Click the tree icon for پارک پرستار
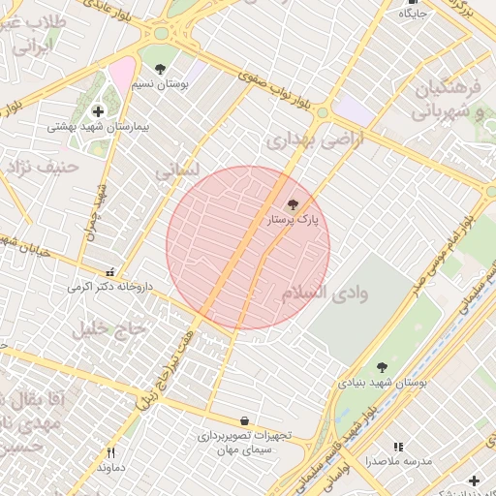tap(294, 203)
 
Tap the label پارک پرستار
tap(294, 221)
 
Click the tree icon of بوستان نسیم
tap(160, 69)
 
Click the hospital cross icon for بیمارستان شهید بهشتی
tap(98, 111)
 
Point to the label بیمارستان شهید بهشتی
tap(98, 128)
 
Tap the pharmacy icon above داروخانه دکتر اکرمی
tap(108, 273)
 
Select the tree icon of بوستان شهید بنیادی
tap(383, 367)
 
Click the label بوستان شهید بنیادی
tap(383, 384)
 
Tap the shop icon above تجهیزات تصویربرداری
tap(243, 421)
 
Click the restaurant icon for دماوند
tap(110, 451)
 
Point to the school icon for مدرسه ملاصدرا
tap(398, 447)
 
